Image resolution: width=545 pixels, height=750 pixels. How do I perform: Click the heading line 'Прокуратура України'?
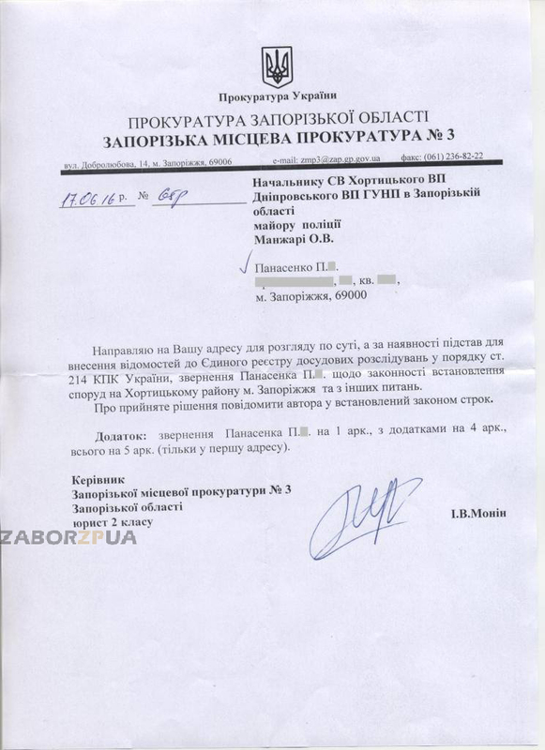(277, 97)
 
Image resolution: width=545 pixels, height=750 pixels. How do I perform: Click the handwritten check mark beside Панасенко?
(247, 264)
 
